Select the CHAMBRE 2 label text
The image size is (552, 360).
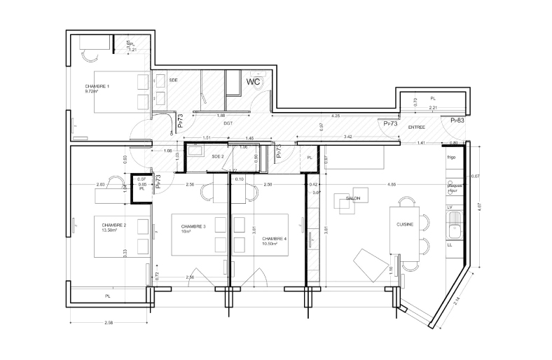click(x=113, y=225)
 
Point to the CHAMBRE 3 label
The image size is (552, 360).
click(x=193, y=227)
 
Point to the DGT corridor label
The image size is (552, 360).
click(x=228, y=123)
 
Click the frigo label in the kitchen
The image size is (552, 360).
click(x=452, y=158)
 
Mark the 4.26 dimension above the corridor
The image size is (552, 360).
click(x=336, y=116)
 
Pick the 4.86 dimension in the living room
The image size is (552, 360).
click(x=372, y=184)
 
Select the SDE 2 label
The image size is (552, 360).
click(x=217, y=156)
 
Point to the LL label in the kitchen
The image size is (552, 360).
click(x=450, y=245)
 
